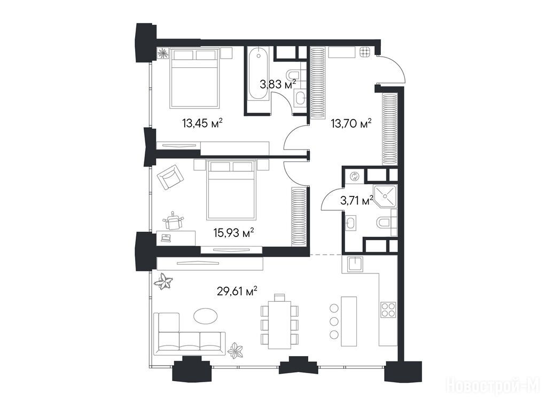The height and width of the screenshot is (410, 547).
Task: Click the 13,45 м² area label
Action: [x=202, y=123]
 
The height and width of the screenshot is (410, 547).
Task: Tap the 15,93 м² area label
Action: [x=233, y=232]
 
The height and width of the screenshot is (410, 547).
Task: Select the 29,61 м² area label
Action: [x=237, y=291]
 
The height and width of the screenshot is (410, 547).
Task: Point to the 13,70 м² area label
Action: [x=351, y=123]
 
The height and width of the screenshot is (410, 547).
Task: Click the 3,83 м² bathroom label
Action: [x=278, y=84]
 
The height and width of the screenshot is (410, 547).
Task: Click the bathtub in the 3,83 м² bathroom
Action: [x=259, y=74]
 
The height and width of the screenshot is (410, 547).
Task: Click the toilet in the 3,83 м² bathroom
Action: [x=294, y=74]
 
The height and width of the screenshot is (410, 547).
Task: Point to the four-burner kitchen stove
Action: [x=388, y=309]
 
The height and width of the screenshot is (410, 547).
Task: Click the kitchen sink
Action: [x=355, y=263]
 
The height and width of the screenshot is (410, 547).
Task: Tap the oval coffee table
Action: [x=206, y=316]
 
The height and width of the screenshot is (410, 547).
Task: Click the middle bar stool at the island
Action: [x=334, y=321]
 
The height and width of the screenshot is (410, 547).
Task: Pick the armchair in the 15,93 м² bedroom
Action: [x=170, y=177]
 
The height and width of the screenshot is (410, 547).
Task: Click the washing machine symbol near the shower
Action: [x=355, y=176]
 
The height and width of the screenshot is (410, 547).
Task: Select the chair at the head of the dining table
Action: [x=279, y=297]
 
